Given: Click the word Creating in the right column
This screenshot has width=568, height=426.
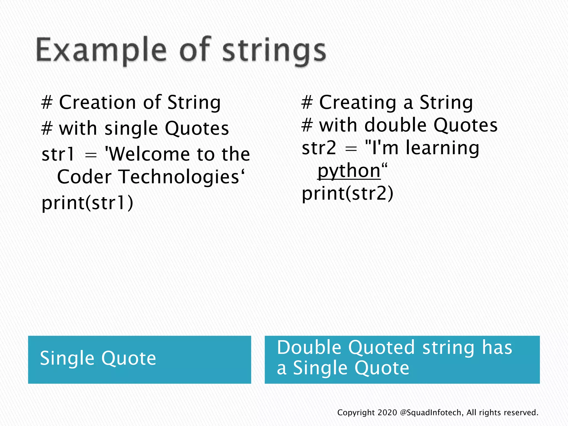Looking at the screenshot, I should point(358,102).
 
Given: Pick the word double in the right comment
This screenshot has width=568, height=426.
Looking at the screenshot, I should point(395,125).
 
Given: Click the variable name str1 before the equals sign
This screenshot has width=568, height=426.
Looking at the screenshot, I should point(58,154).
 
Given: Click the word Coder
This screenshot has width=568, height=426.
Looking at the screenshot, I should point(84,177).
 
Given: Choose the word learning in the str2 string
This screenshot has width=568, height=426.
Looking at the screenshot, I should point(442,148).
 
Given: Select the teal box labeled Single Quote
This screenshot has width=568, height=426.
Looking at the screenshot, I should point(140,359).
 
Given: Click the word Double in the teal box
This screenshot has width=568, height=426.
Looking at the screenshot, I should point(309,347).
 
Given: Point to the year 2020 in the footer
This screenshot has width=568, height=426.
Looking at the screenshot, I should point(387,413).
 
